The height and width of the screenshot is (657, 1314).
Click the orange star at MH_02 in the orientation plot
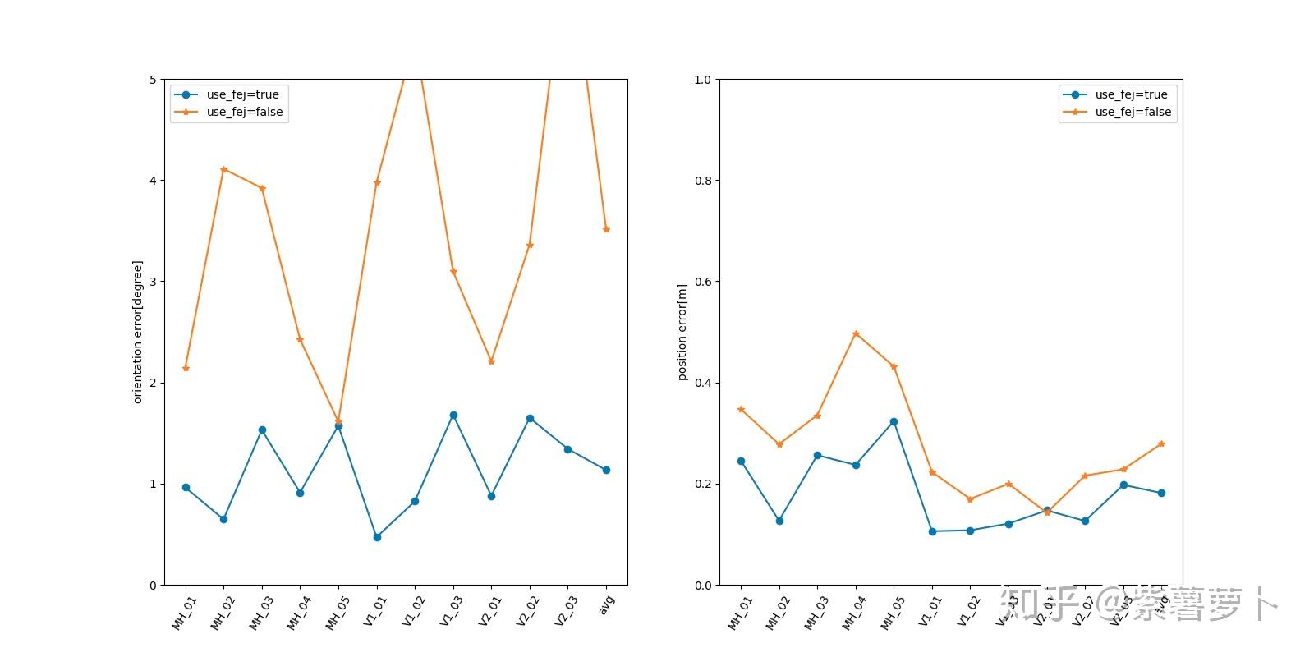pos(223,169)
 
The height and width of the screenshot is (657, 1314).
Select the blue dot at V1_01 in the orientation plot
pos(377,537)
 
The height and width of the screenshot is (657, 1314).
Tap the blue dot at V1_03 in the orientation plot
pos(453,416)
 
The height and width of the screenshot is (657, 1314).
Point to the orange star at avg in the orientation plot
pos(606,230)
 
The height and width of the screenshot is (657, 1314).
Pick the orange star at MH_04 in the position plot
pos(856,334)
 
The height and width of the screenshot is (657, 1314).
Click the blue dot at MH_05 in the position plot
pos(894,422)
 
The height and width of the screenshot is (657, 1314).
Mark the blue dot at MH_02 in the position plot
pos(779,521)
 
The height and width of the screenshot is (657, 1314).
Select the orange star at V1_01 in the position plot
pos(932,473)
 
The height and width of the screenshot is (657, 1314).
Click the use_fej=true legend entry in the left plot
pos(242,94)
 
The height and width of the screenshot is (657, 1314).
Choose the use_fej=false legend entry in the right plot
pos(1133,112)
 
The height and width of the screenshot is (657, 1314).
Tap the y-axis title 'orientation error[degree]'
pos(138,332)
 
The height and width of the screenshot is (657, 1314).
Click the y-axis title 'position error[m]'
pos(682,332)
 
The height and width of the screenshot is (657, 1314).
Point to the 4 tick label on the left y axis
pos(153,181)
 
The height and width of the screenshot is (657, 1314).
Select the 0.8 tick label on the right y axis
pos(703,181)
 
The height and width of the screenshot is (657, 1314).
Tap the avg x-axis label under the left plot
pos(607,604)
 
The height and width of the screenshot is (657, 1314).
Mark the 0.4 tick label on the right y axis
pos(703,383)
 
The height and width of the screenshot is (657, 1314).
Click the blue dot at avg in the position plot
pos(1161,494)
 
